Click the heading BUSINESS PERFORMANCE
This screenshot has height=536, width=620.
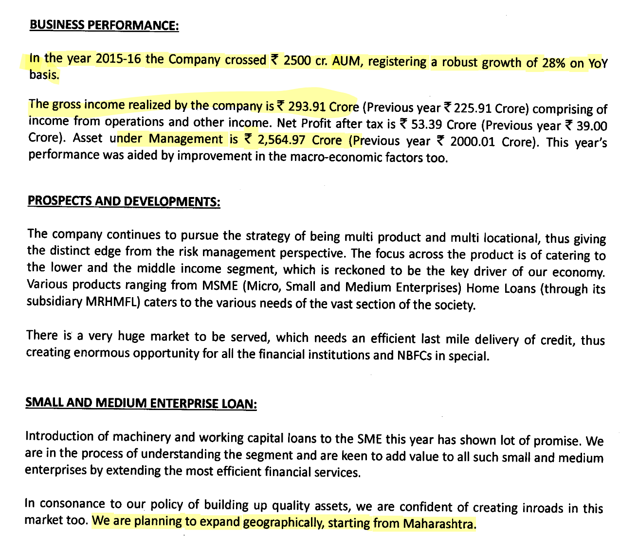(x=104, y=25)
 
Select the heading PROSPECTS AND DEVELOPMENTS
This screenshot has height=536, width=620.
(x=124, y=201)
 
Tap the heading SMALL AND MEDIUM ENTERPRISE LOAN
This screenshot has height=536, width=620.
(x=141, y=403)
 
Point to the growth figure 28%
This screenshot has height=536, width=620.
(x=553, y=63)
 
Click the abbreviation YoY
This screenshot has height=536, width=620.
(x=598, y=64)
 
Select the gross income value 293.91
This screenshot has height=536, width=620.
(x=307, y=106)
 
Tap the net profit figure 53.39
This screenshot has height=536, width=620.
(x=426, y=125)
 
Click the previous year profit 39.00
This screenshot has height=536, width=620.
(x=591, y=126)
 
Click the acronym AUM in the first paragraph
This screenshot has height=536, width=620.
(x=347, y=61)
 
